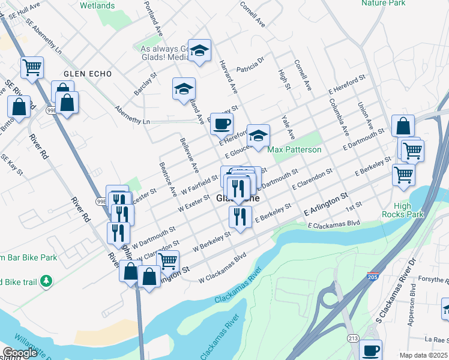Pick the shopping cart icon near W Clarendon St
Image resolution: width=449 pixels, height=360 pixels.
point(168,261)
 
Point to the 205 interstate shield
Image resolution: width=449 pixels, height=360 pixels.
point(372,275)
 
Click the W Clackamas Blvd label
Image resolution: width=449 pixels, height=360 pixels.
point(223,268)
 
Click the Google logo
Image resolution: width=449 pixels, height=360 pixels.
point(20,353)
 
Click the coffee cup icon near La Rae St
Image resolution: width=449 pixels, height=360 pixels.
point(371,350)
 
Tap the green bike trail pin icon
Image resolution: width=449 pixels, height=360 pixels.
point(47,281)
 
